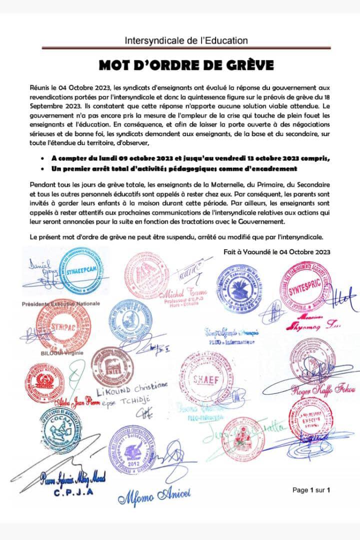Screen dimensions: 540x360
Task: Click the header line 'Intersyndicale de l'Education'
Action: pos(186,41)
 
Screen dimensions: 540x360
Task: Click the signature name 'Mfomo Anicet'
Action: pos(154,497)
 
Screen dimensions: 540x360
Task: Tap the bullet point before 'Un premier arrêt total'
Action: pos(46,169)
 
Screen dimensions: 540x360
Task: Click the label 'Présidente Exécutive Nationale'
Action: pos(60,304)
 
